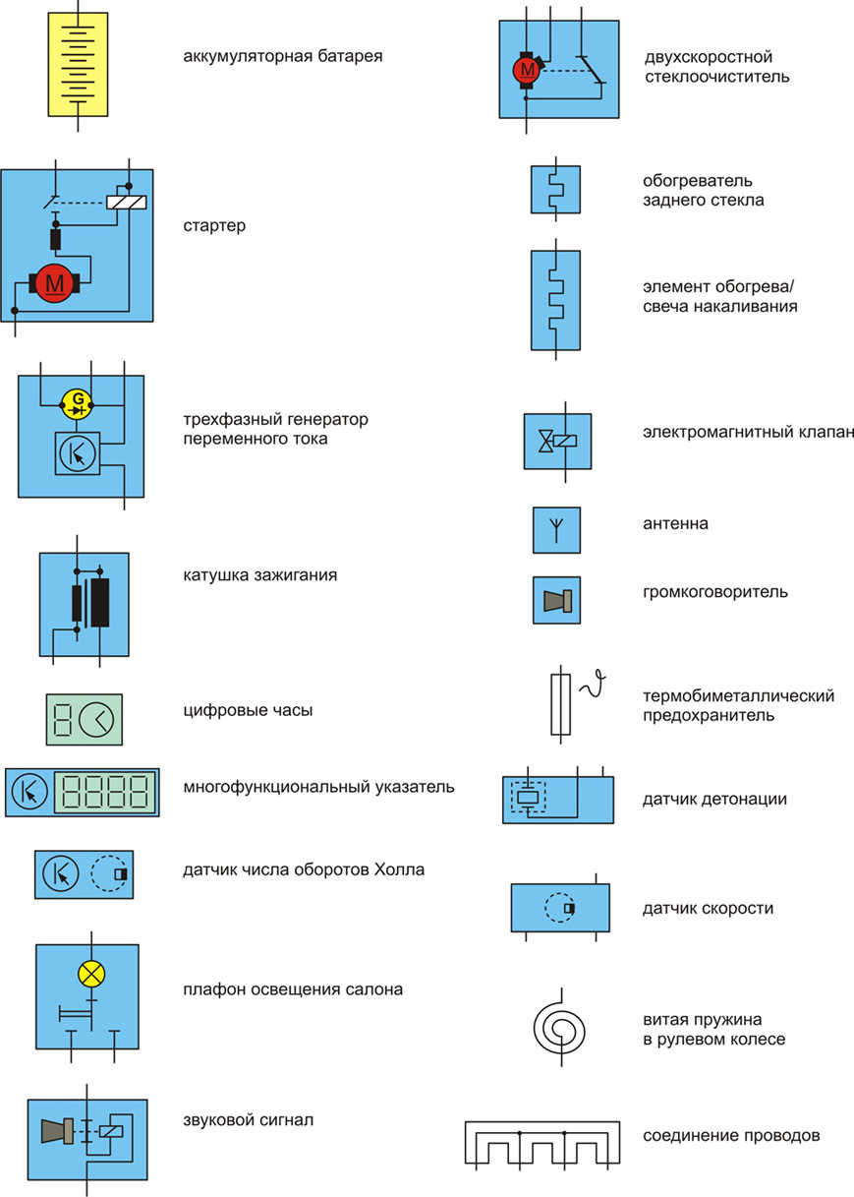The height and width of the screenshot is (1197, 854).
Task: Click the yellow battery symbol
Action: [x=78, y=65]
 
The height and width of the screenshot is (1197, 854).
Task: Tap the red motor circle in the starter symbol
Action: [x=54, y=283]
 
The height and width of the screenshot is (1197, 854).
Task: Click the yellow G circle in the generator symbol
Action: [x=77, y=404]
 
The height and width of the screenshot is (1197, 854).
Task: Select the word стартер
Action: [x=214, y=225]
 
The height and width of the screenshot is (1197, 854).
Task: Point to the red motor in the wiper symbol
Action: [x=527, y=70]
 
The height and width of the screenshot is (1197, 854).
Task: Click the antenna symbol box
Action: [x=556, y=530]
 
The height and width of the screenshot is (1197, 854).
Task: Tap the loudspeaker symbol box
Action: [x=556, y=600]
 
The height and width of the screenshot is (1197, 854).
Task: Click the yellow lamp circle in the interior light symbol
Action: [x=91, y=974]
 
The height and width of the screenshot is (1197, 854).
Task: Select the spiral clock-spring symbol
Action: [x=558, y=1027]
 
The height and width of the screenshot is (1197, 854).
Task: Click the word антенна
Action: [x=675, y=523]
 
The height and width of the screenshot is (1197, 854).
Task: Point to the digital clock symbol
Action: [x=84, y=719]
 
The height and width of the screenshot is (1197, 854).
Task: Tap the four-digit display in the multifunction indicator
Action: [x=105, y=792]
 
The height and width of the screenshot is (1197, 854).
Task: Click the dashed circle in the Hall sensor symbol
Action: [x=109, y=873]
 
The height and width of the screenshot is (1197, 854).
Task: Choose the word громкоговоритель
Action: [x=715, y=592]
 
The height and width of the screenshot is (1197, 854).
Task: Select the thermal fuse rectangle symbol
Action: [x=560, y=704]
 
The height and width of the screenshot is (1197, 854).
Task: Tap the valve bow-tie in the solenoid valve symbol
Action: [x=545, y=441]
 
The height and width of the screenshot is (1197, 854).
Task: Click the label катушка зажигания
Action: [x=260, y=575]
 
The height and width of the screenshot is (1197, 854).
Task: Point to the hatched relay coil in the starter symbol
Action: [x=127, y=202]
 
